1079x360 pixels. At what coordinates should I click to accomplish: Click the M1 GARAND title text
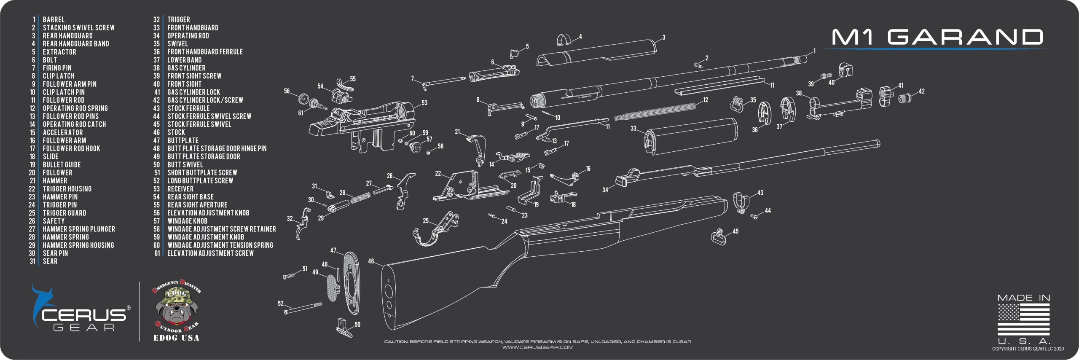[x=937, y=37]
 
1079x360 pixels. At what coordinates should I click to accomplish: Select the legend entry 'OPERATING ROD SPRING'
[x=75, y=108]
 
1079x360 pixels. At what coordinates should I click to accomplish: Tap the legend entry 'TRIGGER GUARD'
[x=64, y=213]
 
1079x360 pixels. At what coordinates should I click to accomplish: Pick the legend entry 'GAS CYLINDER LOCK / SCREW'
[x=205, y=100]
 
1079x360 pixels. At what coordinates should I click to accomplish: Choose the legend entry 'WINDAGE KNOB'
[x=187, y=221]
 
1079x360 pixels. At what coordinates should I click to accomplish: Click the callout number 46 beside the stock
[x=371, y=261]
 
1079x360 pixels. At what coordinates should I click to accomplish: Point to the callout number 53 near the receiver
[x=424, y=103]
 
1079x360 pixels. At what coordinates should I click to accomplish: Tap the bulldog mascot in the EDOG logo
[x=176, y=309]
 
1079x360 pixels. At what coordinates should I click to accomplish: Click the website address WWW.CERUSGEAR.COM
[x=537, y=347]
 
